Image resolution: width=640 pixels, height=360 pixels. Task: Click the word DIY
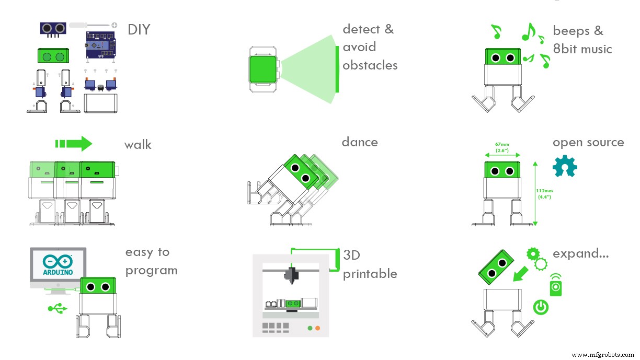[x=139, y=30]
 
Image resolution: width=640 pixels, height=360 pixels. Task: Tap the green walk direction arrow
[x=74, y=144]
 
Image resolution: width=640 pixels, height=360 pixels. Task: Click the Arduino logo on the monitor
[x=58, y=263]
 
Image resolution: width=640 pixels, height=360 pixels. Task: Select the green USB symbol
[x=58, y=309]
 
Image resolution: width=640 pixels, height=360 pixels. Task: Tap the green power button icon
[x=541, y=307]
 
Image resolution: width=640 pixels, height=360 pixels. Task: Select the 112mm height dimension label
[x=544, y=193]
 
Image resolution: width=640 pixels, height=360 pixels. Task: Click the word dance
[x=359, y=142]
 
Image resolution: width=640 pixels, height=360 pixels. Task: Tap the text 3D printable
[x=369, y=264]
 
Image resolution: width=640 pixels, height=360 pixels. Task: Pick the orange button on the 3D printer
[x=317, y=328]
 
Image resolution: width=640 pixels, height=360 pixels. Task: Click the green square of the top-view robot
[x=264, y=69]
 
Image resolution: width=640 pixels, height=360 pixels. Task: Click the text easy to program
[x=151, y=261]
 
